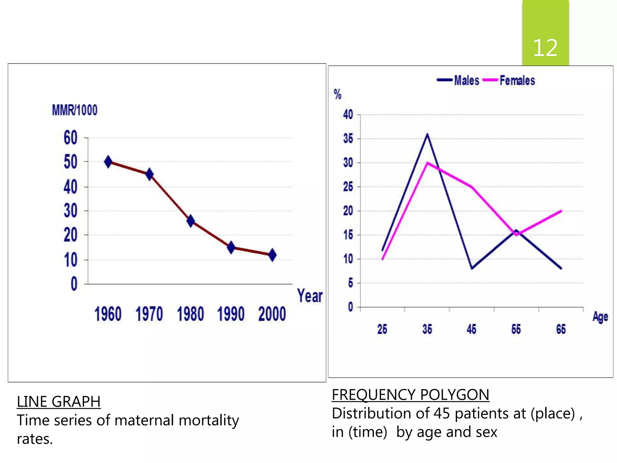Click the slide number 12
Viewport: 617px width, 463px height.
[545, 48]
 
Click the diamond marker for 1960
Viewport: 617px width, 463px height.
[108, 162]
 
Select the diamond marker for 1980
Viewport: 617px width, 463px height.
[190, 221]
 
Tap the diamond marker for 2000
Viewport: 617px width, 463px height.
[272, 255]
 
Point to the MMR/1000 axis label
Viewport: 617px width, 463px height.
[75, 110]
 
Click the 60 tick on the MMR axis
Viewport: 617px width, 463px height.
[70, 138]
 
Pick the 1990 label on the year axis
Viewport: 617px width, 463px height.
[231, 314]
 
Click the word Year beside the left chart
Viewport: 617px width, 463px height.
[310, 296]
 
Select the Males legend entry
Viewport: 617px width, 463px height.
[466, 80]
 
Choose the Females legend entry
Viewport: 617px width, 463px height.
[517, 80]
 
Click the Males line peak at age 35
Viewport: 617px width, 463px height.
[427, 134]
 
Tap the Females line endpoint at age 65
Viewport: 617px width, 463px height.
[561, 211]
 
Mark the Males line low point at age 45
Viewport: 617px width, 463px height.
[472, 268]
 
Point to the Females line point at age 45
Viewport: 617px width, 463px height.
[472, 187]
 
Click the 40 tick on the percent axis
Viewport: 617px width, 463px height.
[348, 115]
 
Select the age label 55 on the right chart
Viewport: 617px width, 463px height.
[516, 329]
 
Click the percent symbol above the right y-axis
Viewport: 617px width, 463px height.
[337, 94]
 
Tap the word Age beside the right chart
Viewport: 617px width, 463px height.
[600, 317]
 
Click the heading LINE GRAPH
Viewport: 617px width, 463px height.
[58, 402]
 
